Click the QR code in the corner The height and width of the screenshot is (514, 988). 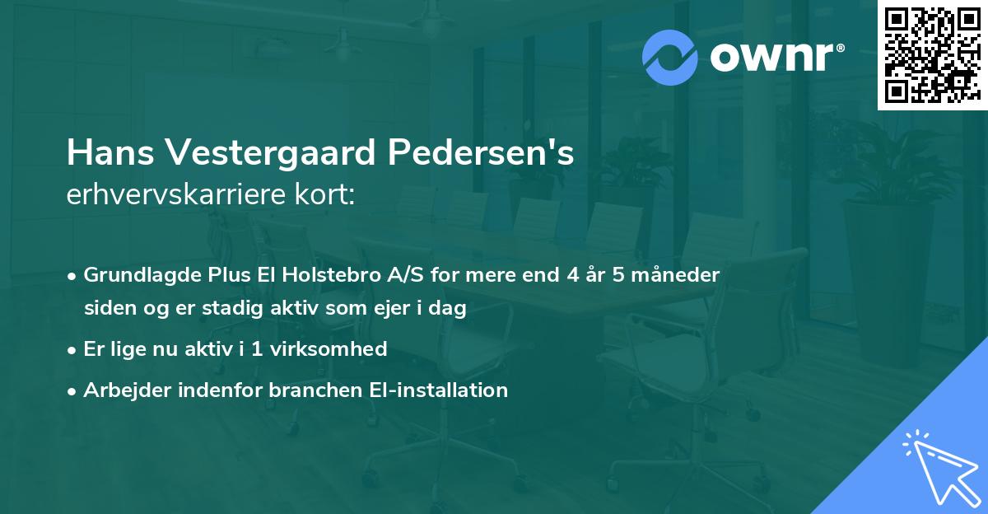pyautogui.click(x=932, y=55)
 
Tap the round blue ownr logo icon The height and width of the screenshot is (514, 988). pyautogui.click(x=670, y=58)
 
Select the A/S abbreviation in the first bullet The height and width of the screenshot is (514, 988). pyautogui.click(x=403, y=275)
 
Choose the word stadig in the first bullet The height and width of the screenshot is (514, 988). pyautogui.click(x=215, y=309)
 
